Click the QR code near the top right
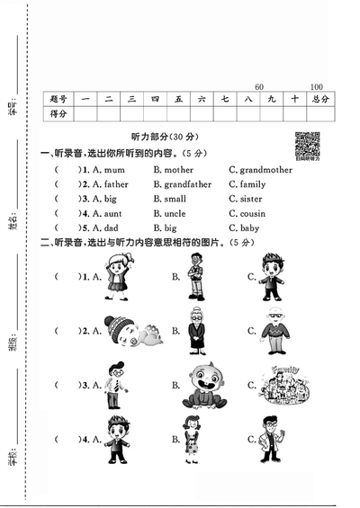pyautogui.click(x=307, y=144)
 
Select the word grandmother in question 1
pyautogui.click(x=265, y=169)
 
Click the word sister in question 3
pyautogui.click(x=251, y=199)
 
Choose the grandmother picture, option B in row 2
pyautogui.click(x=196, y=331)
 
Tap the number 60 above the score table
pyautogui.click(x=260, y=86)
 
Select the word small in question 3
pyautogui.click(x=169, y=199)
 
